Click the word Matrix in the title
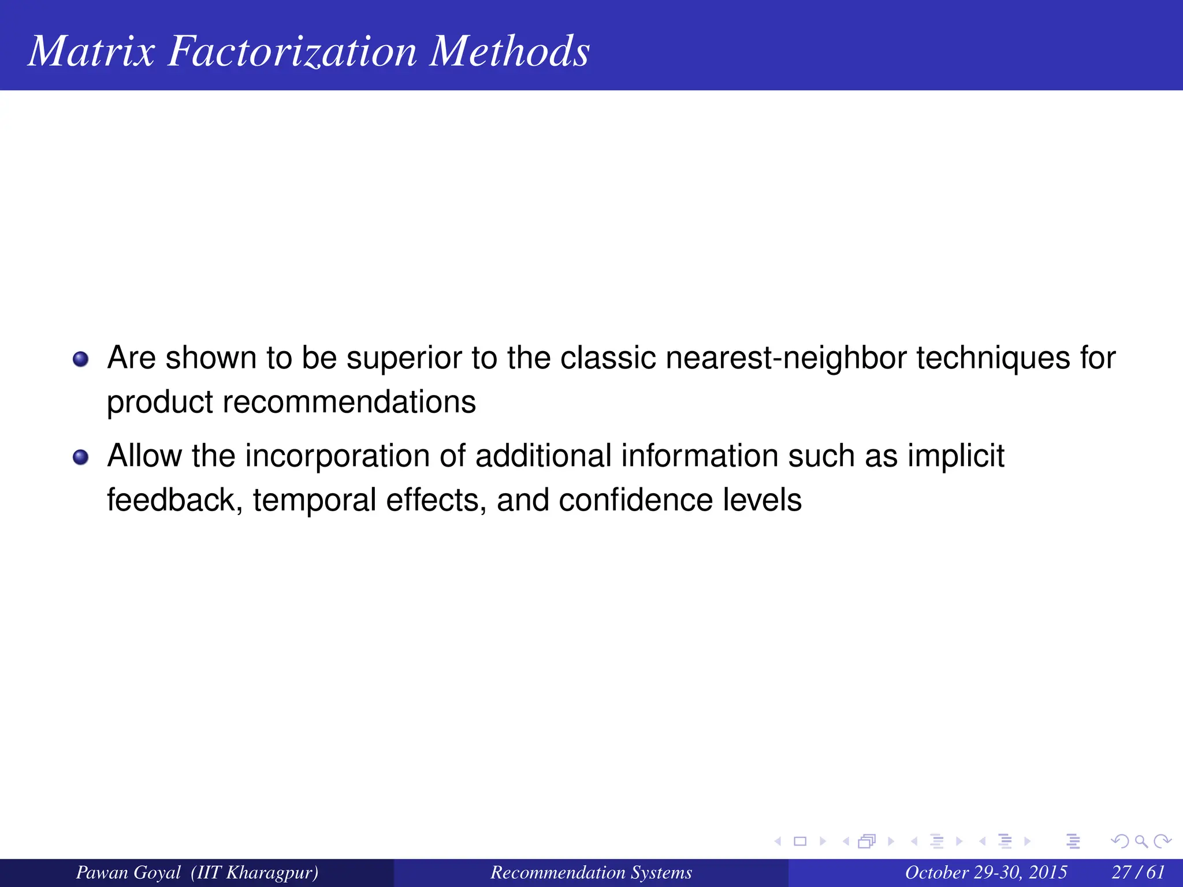(x=91, y=51)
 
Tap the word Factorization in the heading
(x=292, y=51)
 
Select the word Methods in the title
(x=509, y=51)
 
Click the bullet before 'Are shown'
(x=81, y=359)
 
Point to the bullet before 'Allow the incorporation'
(x=81, y=457)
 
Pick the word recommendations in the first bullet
(x=349, y=402)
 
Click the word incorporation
(x=337, y=456)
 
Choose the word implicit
(x=955, y=456)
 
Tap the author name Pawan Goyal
(x=128, y=873)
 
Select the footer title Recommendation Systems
(x=591, y=873)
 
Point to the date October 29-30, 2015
(x=986, y=873)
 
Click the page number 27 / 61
(x=1138, y=873)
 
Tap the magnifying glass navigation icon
(x=1141, y=841)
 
